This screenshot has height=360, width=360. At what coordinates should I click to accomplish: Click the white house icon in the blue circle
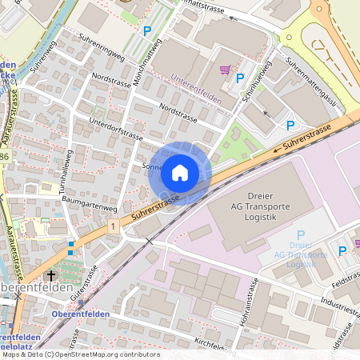180,172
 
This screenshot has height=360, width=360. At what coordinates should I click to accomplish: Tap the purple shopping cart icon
226,70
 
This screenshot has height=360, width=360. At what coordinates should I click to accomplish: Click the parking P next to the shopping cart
240,78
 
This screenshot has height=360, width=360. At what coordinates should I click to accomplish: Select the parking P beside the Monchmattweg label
146,31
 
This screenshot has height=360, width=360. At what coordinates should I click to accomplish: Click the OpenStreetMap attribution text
80,354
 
